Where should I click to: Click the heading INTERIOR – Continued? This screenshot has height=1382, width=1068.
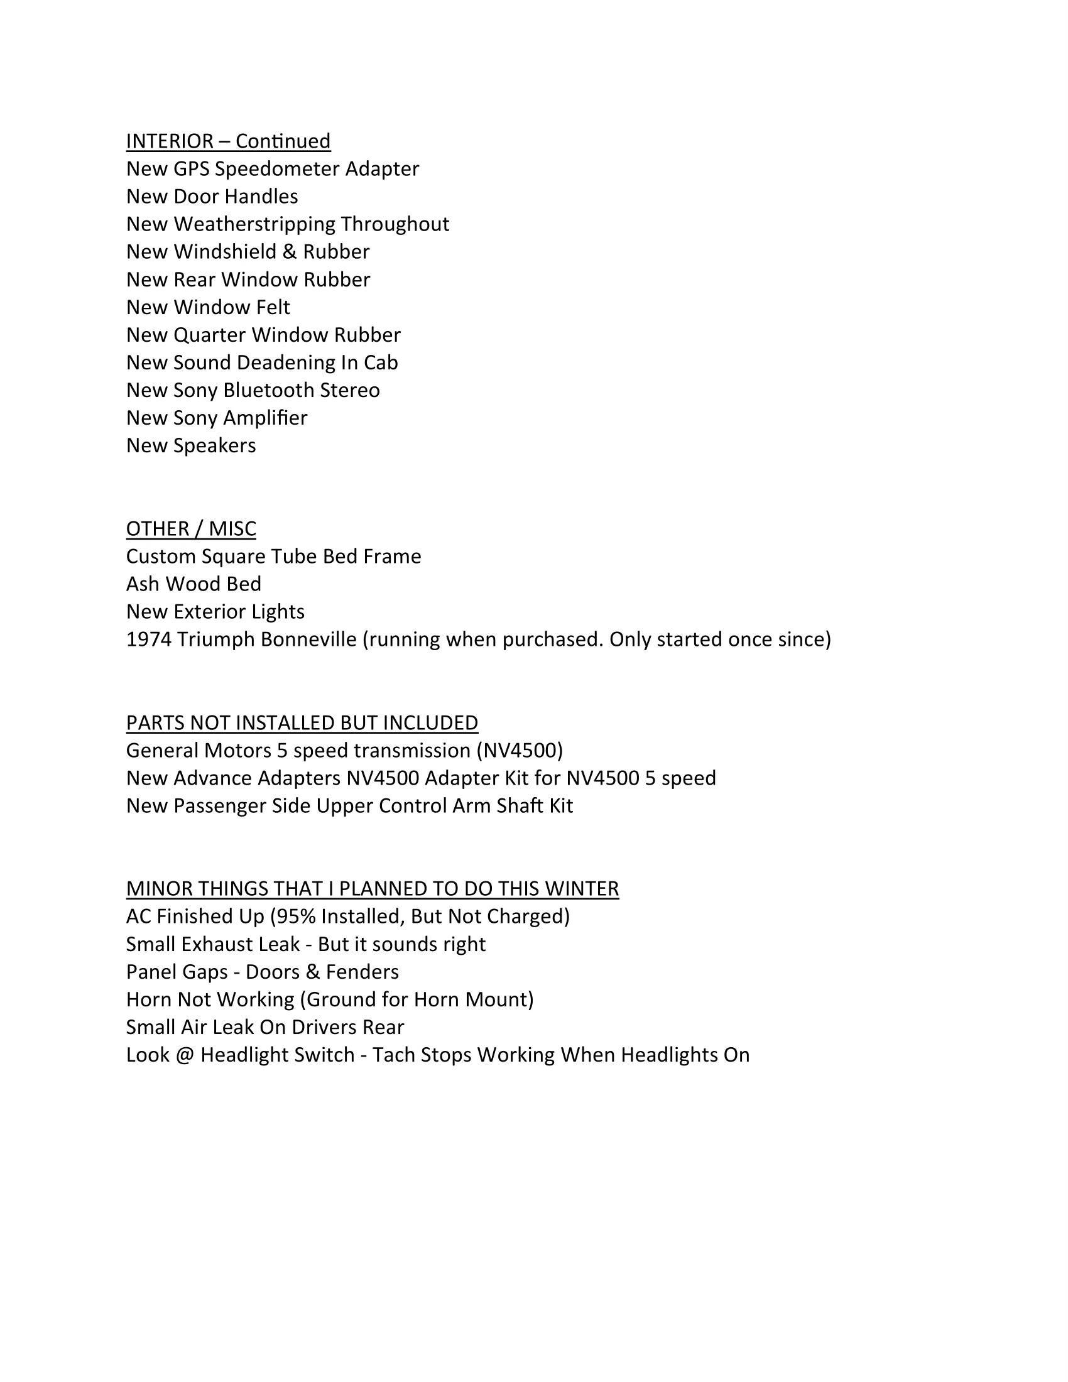228,141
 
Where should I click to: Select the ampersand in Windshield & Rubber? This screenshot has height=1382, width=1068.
289,252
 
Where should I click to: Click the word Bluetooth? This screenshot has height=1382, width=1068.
268,391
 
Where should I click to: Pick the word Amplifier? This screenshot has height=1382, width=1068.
271,418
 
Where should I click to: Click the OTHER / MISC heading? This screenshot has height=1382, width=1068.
191,529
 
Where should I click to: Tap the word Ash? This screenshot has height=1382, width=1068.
143,584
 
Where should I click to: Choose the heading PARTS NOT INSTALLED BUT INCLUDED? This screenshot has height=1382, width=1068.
302,722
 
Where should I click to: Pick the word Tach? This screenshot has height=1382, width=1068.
393,1055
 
